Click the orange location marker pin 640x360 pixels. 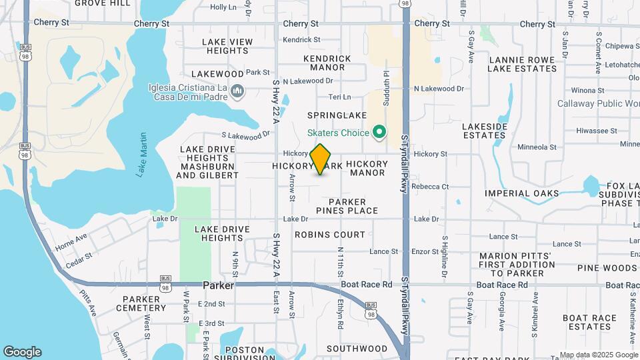coord(321,159)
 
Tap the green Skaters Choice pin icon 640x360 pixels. coord(379,133)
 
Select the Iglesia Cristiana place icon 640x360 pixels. coord(237,91)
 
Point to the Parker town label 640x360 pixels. coord(218,285)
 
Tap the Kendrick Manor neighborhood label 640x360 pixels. coord(327,63)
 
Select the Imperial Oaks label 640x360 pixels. coord(522,193)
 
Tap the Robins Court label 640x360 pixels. coord(330,235)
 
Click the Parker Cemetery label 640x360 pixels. coord(141,303)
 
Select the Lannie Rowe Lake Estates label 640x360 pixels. coord(522,63)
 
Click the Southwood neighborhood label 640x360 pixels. coord(357,349)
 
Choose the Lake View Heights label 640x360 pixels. coord(227,46)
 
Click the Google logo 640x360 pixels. coord(21,351)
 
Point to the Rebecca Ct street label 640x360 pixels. coord(430,187)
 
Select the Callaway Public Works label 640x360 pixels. coord(598,103)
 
